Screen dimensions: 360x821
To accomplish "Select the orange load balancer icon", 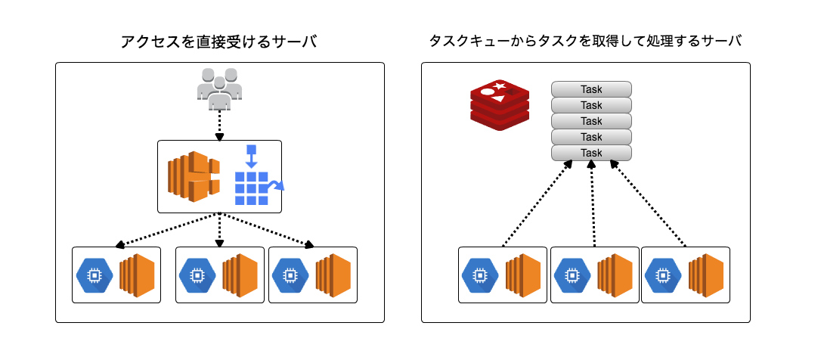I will [x=193, y=177].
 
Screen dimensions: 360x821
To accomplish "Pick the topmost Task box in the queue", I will [x=591, y=89].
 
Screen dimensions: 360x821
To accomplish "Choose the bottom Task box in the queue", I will [x=591, y=153].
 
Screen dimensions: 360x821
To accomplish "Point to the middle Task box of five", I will [x=591, y=121].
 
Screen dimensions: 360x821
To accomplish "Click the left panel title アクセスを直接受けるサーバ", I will [x=219, y=42].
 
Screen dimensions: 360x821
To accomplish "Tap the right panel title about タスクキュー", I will [x=584, y=42].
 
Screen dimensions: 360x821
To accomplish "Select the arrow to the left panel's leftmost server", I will [x=166, y=230].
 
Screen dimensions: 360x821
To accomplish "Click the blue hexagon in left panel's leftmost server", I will [x=94, y=276].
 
